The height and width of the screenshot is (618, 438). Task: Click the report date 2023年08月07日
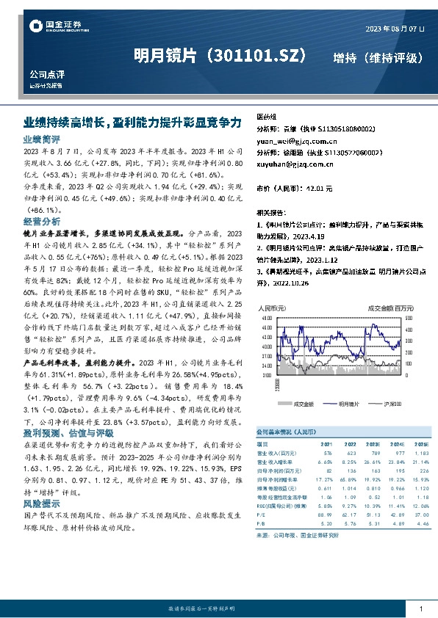pos(395,29)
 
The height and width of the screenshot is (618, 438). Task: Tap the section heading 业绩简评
pos(42,138)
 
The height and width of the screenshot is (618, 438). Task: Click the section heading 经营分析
pos(42,221)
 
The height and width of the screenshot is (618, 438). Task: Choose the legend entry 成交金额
pos(302,404)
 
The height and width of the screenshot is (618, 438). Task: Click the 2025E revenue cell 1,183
pos(420,453)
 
